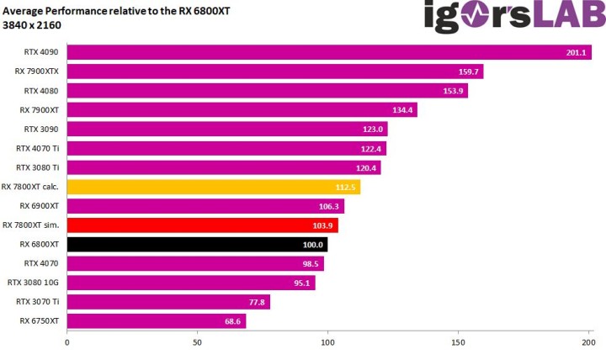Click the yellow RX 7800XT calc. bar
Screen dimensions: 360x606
[x=213, y=187]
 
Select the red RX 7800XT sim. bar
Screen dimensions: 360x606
[x=202, y=225]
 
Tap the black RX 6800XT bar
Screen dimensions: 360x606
[x=197, y=244]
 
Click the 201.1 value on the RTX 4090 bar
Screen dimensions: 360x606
[x=577, y=53]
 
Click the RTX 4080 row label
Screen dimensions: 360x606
[x=41, y=90]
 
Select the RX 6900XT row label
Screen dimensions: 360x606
[x=39, y=205]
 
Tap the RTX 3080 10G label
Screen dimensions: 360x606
[x=33, y=283]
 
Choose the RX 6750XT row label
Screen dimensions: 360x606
[x=39, y=320]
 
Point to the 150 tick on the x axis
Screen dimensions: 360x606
[x=459, y=342]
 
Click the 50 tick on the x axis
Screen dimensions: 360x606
[x=197, y=342]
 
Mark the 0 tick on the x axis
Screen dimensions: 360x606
[x=67, y=342]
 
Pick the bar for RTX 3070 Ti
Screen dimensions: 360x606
[x=168, y=302]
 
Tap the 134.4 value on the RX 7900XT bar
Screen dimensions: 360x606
[x=401, y=110]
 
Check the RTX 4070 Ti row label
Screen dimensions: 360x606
[x=38, y=148]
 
